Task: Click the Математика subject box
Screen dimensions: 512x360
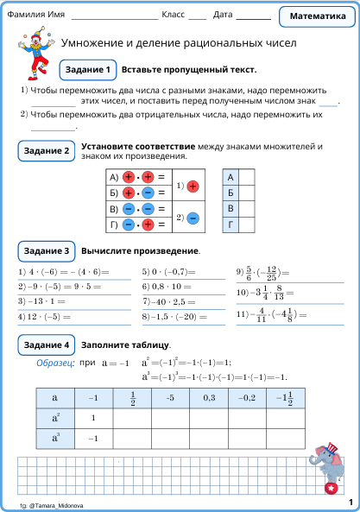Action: click(318, 16)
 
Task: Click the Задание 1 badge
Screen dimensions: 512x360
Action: click(87, 69)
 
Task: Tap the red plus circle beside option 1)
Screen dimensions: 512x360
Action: click(193, 186)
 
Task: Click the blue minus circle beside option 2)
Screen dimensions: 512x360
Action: click(193, 218)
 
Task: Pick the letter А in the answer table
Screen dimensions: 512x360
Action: click(231, 177)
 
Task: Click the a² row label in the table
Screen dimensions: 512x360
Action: click(55, 417)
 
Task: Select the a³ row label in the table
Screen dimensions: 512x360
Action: click(55, 438)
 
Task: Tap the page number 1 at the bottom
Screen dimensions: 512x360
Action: click(351, 502)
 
